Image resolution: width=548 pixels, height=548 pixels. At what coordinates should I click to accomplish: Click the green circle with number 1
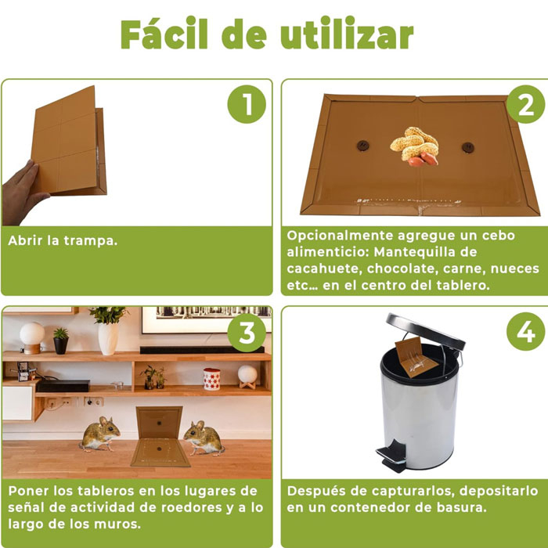[x=247, y=105]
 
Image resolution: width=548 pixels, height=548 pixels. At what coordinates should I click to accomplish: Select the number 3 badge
[x=247, y=333]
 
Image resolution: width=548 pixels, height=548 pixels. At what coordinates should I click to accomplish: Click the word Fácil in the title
[x=165, y=34]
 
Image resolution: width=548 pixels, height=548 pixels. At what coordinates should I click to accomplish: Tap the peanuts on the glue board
[x=414, y=146]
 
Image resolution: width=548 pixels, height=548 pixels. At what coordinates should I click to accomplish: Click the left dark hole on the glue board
[x=362, y=146]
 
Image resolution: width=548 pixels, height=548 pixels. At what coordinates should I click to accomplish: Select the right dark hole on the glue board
[x=467, y=147]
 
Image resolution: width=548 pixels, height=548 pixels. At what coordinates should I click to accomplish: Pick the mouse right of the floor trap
[x=204, y=438]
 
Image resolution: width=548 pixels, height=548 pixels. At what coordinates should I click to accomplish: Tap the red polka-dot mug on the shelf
[x=211, y=379]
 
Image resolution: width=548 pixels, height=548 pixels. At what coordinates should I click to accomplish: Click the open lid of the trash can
[x=423, y=330]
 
